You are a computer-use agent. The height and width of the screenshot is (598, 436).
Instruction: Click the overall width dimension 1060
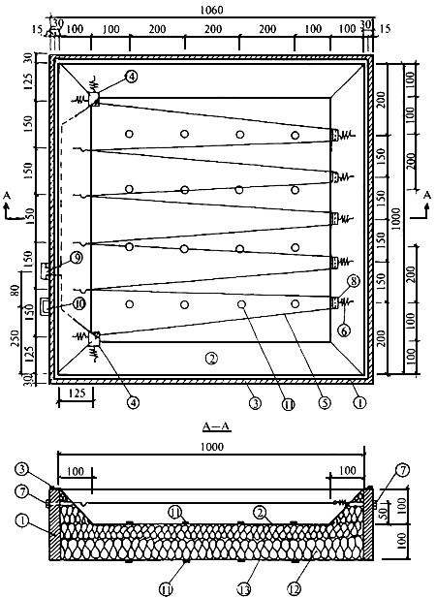pos(212,10)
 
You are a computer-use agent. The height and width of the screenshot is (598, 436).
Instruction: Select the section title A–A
pos(216,426)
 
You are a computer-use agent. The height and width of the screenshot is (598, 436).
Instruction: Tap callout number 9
pos(77,258)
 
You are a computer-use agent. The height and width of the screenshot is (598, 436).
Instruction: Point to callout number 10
pos(79,304)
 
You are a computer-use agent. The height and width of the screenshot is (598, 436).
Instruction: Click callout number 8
pos(354,281)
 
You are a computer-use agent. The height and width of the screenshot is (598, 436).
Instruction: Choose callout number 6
pos(344,331)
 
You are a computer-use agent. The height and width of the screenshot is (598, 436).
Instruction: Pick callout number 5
pos(325,403)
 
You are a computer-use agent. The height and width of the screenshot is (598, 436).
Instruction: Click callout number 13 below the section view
pos(244,590)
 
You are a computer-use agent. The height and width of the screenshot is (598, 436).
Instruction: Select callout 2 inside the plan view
pos(211,358)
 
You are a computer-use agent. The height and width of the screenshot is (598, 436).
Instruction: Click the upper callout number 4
pos(131,77)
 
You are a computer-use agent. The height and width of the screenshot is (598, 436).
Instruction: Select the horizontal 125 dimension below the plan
pos(77,393)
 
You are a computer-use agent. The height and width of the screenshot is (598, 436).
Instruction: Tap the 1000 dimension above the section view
pos(212,447)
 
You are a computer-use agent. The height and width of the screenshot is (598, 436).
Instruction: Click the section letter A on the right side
pos(427,196)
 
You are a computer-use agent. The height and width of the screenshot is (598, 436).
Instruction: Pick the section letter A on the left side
pos(6,196)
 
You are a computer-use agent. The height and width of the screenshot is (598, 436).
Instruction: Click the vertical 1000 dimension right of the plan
pos(396,218)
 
